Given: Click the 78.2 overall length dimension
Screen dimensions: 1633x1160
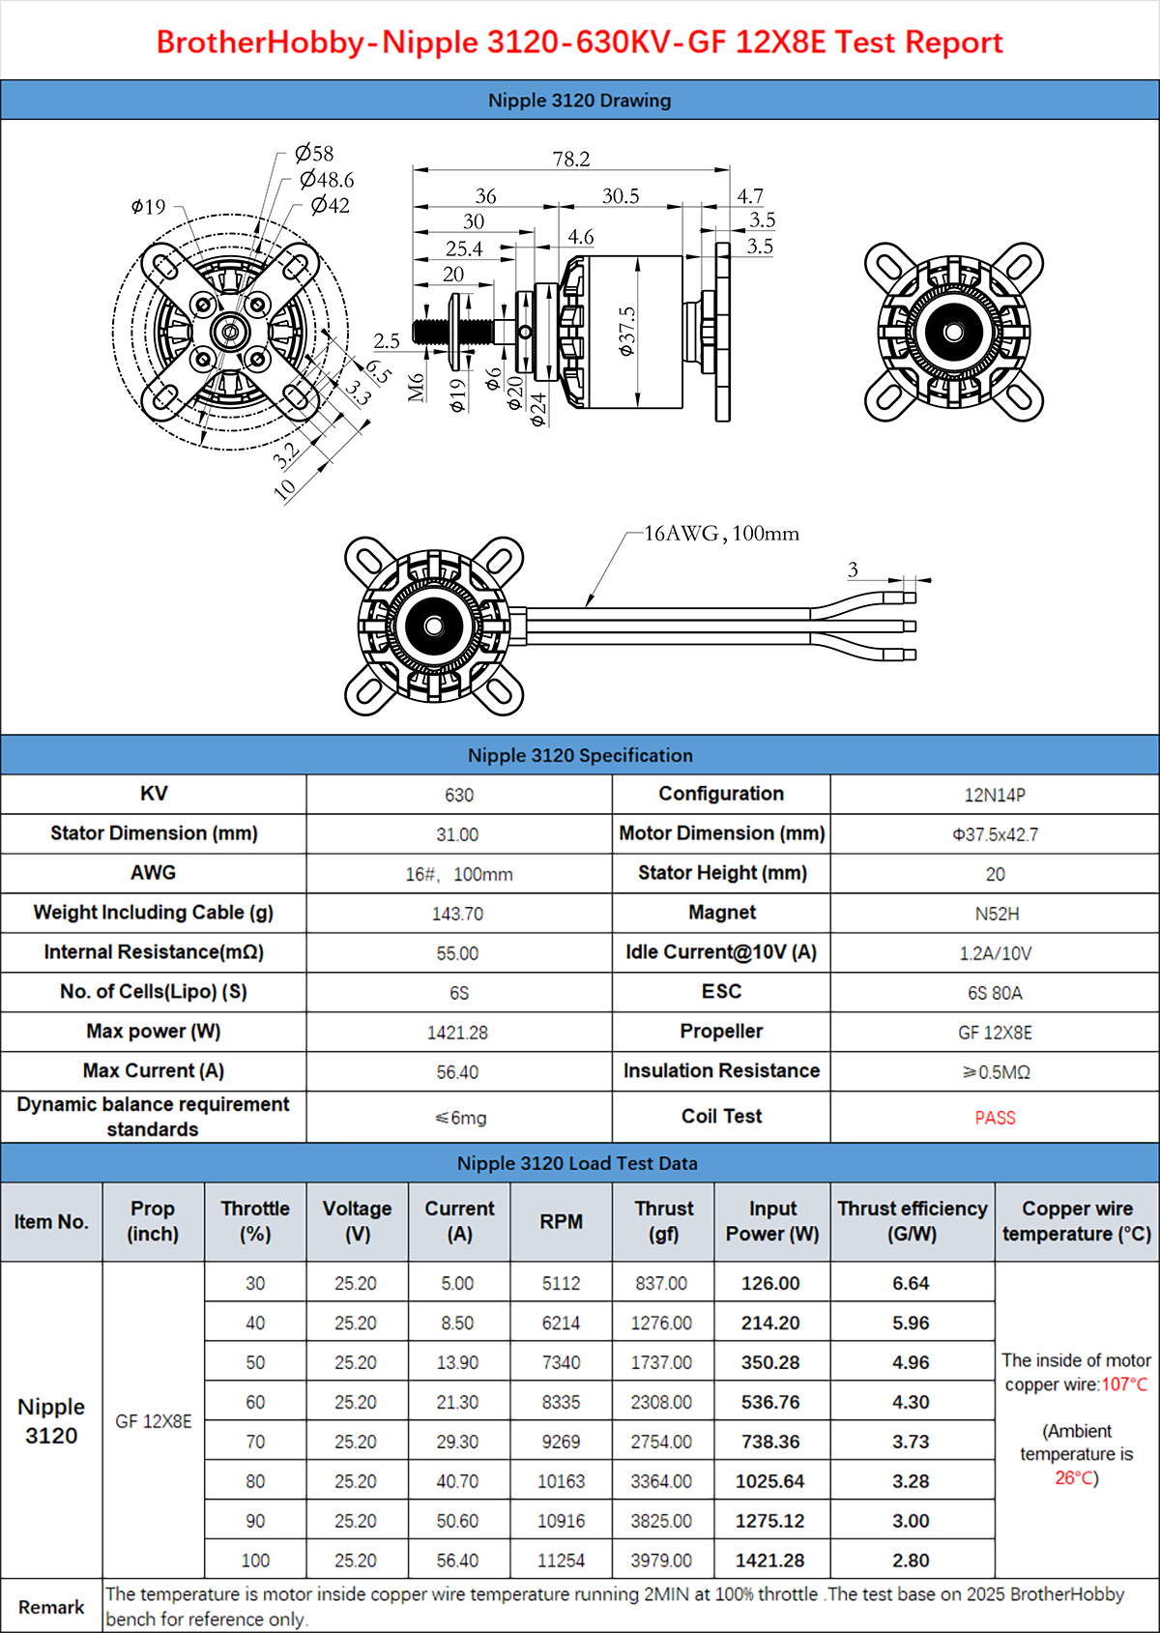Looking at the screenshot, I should point(571,159).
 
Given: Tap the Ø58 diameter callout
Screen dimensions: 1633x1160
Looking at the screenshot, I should point(314,153).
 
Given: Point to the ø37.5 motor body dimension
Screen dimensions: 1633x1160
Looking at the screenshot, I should point(627,331).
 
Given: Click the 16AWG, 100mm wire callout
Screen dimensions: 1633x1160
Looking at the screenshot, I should point(721,534).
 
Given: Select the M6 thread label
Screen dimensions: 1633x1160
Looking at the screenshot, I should point(417,387).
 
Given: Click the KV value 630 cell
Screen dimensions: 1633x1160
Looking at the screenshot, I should point(459,795).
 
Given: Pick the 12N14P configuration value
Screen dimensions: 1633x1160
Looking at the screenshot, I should point(995,795).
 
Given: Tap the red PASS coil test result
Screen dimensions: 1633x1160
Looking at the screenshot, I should point(995,1118).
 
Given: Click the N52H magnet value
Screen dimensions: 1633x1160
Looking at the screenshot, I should point(996,914).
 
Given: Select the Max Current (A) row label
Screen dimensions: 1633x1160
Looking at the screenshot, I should point(154,1071).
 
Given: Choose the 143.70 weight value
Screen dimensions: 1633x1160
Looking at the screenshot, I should point(457,914).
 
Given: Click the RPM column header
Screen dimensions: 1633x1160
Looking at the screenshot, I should point(561,1222).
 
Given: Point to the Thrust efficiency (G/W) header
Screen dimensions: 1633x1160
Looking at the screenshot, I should point(913,1221).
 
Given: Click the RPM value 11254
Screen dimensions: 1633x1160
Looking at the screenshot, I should point(561,1560).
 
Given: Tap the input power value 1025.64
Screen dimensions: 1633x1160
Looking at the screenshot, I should point(770,1481).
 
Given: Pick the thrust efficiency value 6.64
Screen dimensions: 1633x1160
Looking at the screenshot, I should point(911,1284).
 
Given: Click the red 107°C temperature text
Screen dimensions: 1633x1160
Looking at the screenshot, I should point(1124,1385).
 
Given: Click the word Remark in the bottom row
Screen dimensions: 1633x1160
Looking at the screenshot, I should point(51,1607).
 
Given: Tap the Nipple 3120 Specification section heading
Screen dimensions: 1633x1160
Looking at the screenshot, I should point(580,755).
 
